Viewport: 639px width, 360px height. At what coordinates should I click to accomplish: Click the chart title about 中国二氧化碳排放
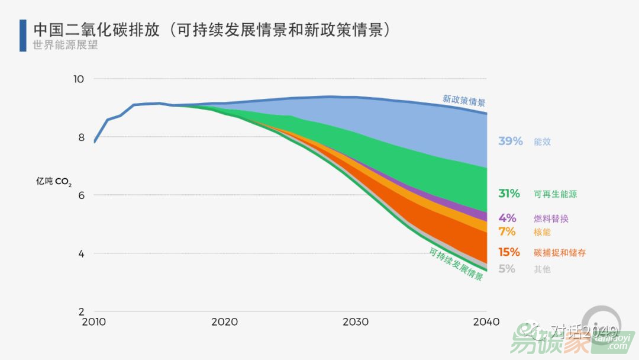(x=212, y=30)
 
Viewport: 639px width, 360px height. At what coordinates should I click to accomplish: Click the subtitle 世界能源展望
(x=65, y=45)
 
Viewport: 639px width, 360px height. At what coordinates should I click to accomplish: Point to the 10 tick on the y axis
(x=79, y=79)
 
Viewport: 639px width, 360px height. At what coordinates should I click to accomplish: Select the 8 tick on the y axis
(x=80, y=137)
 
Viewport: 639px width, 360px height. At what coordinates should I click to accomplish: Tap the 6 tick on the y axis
(x=80, y=195)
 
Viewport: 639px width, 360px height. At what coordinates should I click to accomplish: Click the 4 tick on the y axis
(x=80, y=253)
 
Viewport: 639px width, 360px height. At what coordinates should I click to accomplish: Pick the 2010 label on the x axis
(x=93, y=322)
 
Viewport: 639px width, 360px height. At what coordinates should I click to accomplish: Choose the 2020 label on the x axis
(x=224, y=322)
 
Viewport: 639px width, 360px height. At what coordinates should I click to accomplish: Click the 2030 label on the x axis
(x=355, y=322)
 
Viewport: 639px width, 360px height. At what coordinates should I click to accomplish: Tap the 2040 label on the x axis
(x=486, y=322)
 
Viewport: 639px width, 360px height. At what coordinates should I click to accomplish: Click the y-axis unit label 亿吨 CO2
(x=54, y=182)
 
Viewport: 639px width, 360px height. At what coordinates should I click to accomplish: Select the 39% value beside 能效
(x=510, y=142)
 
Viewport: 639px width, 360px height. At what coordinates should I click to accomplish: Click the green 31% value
(x=509, y=194)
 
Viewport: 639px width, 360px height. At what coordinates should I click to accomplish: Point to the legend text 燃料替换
(x=551, y=218)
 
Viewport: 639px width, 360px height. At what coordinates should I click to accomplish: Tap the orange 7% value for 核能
(x=507, y=232)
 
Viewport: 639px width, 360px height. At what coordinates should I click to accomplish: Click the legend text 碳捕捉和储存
(x=559, y=253)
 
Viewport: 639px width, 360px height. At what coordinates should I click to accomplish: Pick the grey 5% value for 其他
(x=506, y=269)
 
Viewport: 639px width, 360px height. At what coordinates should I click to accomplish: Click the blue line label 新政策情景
(x=464, y=100)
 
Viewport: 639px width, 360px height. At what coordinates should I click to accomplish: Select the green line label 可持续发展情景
(x=456, y=263)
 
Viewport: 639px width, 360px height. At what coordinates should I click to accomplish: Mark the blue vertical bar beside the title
(x=23, y=35)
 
